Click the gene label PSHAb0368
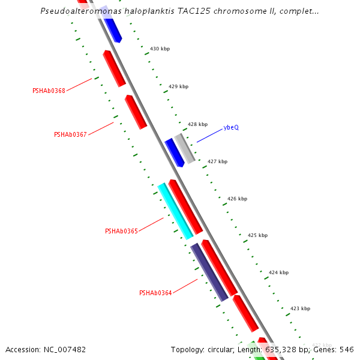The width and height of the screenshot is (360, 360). click(x=49, y=91)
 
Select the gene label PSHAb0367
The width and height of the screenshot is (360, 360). click(x=70, y=134)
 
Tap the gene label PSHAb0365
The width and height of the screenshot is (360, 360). click(x=121, y=231)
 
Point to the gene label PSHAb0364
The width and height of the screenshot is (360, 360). click(x=155, y=293)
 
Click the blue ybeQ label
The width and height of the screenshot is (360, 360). click(x=231, y=127)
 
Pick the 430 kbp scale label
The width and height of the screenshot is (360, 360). click(x=160, y=49)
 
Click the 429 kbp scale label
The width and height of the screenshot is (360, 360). click(x=178, y=86)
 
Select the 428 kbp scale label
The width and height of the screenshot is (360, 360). click(x=197, y=124)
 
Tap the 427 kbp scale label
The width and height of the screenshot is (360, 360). click(x=217, y=161)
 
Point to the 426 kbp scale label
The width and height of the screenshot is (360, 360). click(x=237, y=199)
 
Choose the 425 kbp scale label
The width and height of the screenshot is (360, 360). click(x=257, y=235)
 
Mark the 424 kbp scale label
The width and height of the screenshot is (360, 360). click(x=278, y=272)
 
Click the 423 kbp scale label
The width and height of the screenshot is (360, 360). click(x=300, y=308)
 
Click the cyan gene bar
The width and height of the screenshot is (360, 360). click(x=175, y=211)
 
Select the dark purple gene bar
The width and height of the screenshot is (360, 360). click(x=209, y=272)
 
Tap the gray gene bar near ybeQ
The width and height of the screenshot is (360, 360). click(x=185, y=148)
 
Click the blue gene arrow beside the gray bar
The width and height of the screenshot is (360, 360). click(x=174, y=152)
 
